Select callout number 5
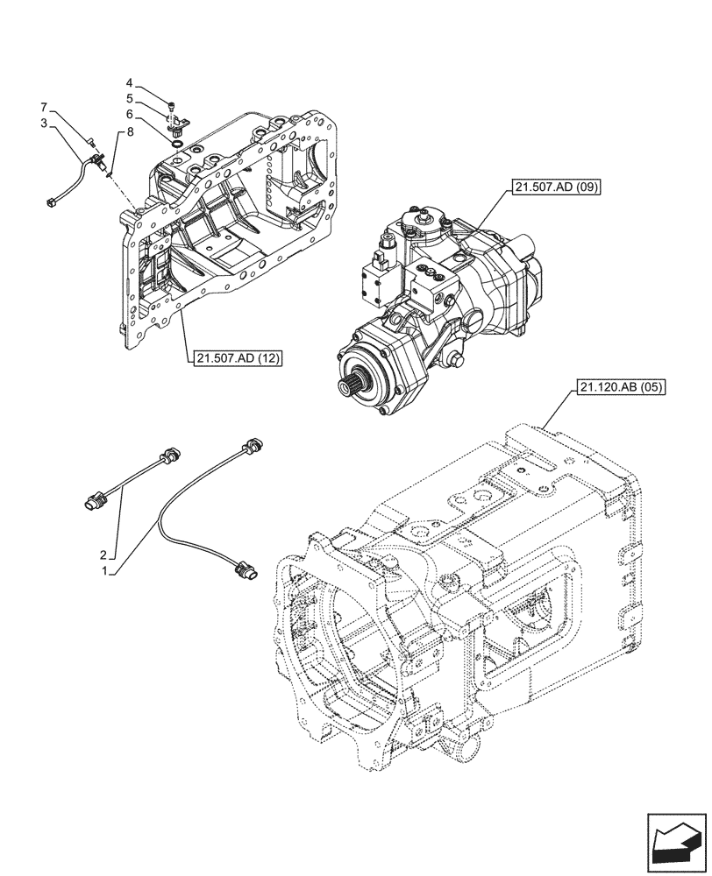129,99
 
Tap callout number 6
129,114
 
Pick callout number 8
131,132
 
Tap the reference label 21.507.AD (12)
233,357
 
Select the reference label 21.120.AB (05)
620,386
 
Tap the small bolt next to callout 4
173,106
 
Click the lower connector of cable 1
250,570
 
